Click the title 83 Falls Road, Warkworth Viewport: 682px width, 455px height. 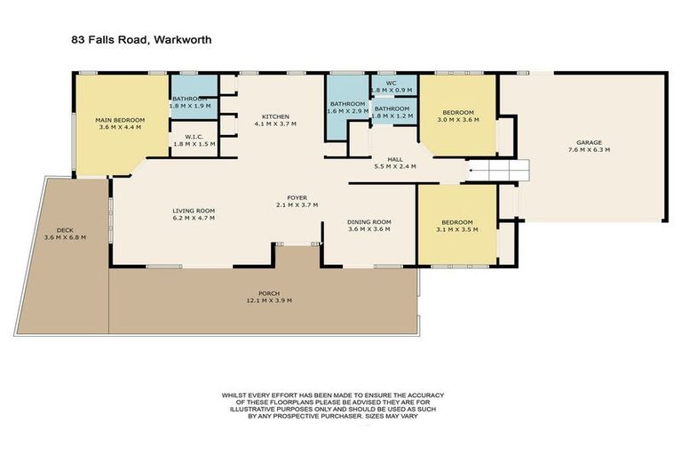coord(140,40)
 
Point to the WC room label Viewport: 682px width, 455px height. coord(390,83)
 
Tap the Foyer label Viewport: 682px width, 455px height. coord(297,197)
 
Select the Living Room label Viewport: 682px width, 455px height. coord(194,211)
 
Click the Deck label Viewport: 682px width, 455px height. coord(64,228)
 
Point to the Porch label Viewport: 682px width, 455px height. coord(269,294)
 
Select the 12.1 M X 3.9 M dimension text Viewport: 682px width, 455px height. coord(269,300)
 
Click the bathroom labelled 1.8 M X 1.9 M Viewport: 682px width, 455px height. coord(189,100)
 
